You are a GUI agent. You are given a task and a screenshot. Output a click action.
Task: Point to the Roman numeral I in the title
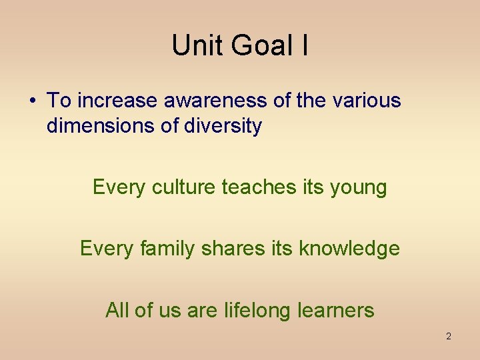pyautogui.click(x=304, y=45)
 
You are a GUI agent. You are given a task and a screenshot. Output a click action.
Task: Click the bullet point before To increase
pyautogui.click(x=32, y=101)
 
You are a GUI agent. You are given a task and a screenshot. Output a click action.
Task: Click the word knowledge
pyautogui.click(x=349, y=249)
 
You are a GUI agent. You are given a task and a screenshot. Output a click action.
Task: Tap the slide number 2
pyautogui.click(x=448, y=336)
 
